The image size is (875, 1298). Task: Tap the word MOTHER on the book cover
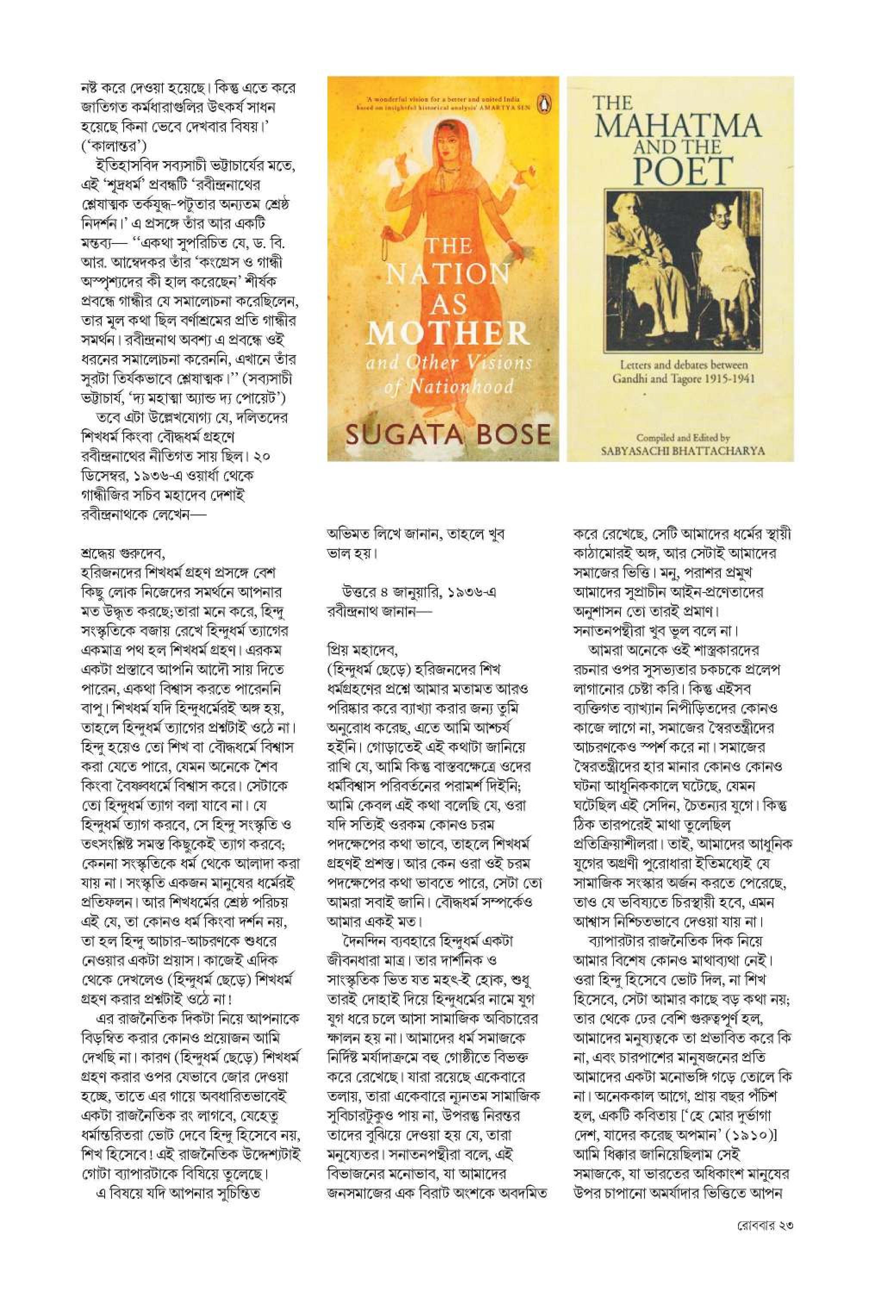(448, 334)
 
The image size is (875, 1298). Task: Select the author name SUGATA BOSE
(448, 434)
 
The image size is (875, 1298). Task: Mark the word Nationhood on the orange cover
(461, 387)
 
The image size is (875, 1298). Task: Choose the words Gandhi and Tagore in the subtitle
(648, 379)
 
